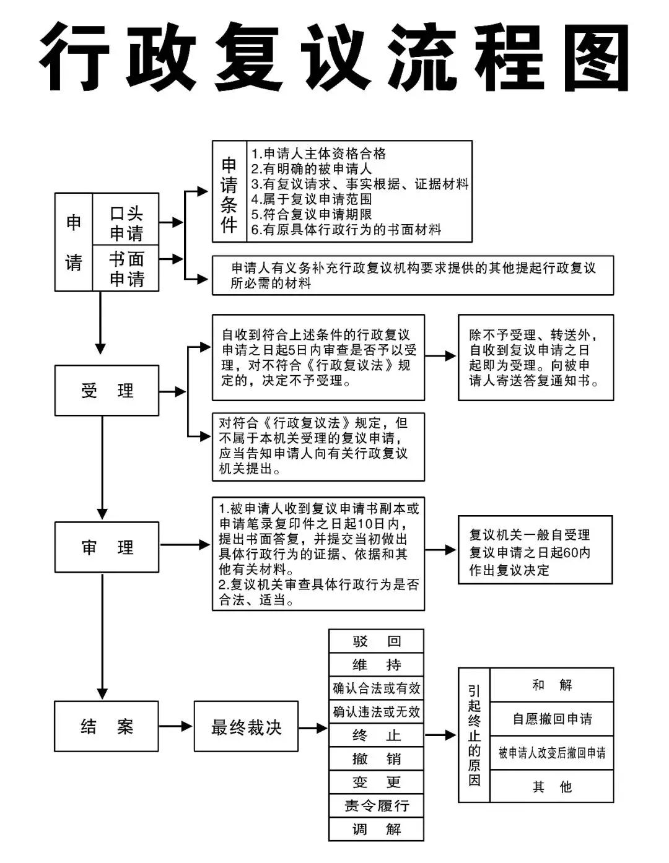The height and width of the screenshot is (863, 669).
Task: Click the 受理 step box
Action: (x=107, y=390)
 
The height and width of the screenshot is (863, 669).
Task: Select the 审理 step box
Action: (x=107, y=547)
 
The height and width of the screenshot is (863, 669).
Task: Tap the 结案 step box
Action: (x=107, y=726)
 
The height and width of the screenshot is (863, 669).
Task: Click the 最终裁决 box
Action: (x=246, y=726)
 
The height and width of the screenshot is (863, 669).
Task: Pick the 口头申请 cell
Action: (x=126, y=223)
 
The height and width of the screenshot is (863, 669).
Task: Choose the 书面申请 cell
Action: (x=126, y=269)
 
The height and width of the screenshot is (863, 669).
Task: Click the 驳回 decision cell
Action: (x=376, y=641)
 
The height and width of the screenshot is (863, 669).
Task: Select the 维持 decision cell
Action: (x=376, y=664)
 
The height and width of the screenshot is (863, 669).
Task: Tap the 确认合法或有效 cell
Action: (x=376, y=688)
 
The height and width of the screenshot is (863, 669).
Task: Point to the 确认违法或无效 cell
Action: (x=376, y=711)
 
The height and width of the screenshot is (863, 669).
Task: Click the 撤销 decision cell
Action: (x=376, y=758)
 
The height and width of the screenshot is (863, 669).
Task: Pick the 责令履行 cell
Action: (x=376, y=805)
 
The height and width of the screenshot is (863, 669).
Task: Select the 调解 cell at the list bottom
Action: (x=376, y=829)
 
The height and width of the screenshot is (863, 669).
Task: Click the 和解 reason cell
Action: (x=551, y=685)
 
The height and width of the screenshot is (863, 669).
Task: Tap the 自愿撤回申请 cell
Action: (x=551, y=719)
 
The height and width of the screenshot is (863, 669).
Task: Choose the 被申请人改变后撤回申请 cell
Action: (x=551, y=753)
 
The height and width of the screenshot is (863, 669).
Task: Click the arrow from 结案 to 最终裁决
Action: (x=176, y=726)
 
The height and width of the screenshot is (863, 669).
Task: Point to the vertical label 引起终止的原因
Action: (x=474, y=735)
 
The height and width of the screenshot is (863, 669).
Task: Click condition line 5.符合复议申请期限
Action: (x=311, y=214)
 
